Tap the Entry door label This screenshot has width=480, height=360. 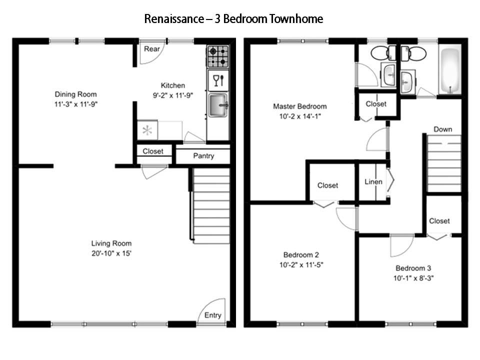click(x=212, y=315)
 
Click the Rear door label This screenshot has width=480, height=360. click(x=151, y=48)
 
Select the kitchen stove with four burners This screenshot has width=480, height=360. click(x=217, y=56)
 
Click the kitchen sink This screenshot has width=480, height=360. click(x=217, y=105)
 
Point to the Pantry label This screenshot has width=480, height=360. click(x=203, y=156)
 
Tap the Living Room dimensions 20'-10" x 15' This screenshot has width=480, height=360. click(x=111, y=253)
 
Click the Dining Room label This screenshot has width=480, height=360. click(x=75, y=94)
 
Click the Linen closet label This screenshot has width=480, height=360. click(x=373, y=181)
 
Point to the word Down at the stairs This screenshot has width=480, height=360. click(x=442, y=129)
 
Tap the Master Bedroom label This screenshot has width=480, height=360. click(x=299, y=106)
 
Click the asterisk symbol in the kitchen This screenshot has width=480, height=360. click(x=147, y=131)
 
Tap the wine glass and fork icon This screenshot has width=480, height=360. click(x=218, y=80)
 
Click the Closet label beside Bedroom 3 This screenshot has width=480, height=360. click(x=439, y=220)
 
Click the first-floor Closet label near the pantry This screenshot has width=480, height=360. click(x=153, y=151)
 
